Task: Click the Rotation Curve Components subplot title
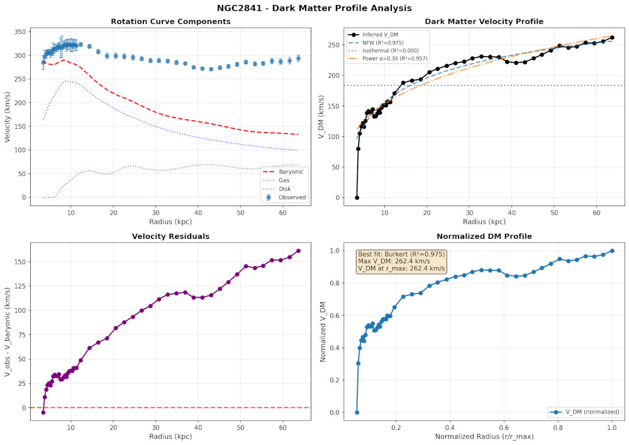coord(170,22)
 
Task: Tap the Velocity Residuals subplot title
coord(170,236)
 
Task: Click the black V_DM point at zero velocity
coord(357,197)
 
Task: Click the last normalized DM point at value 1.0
coord(612,251)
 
